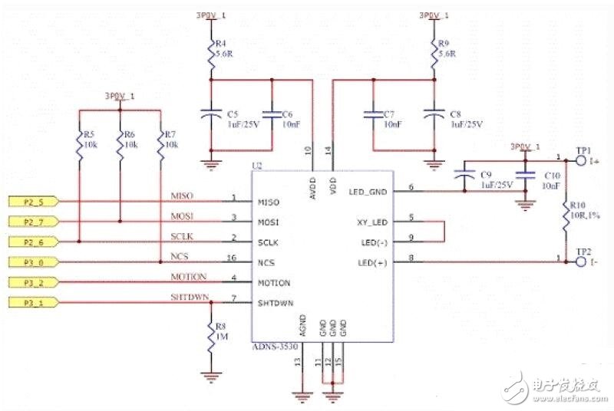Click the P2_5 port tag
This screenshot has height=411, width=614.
click(31, 202)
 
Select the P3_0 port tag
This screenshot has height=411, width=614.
click(31, 262)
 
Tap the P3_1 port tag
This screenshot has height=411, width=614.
click(31, 303)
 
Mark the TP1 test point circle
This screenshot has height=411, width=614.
click(569, 160)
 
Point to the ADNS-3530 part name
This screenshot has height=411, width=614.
click(275, 347)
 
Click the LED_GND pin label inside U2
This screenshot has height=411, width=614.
click(368, 192)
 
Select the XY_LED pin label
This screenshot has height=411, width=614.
click(371, 222)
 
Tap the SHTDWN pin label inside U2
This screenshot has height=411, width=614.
click(276, 303)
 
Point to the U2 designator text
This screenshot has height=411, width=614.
click(258, 165)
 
